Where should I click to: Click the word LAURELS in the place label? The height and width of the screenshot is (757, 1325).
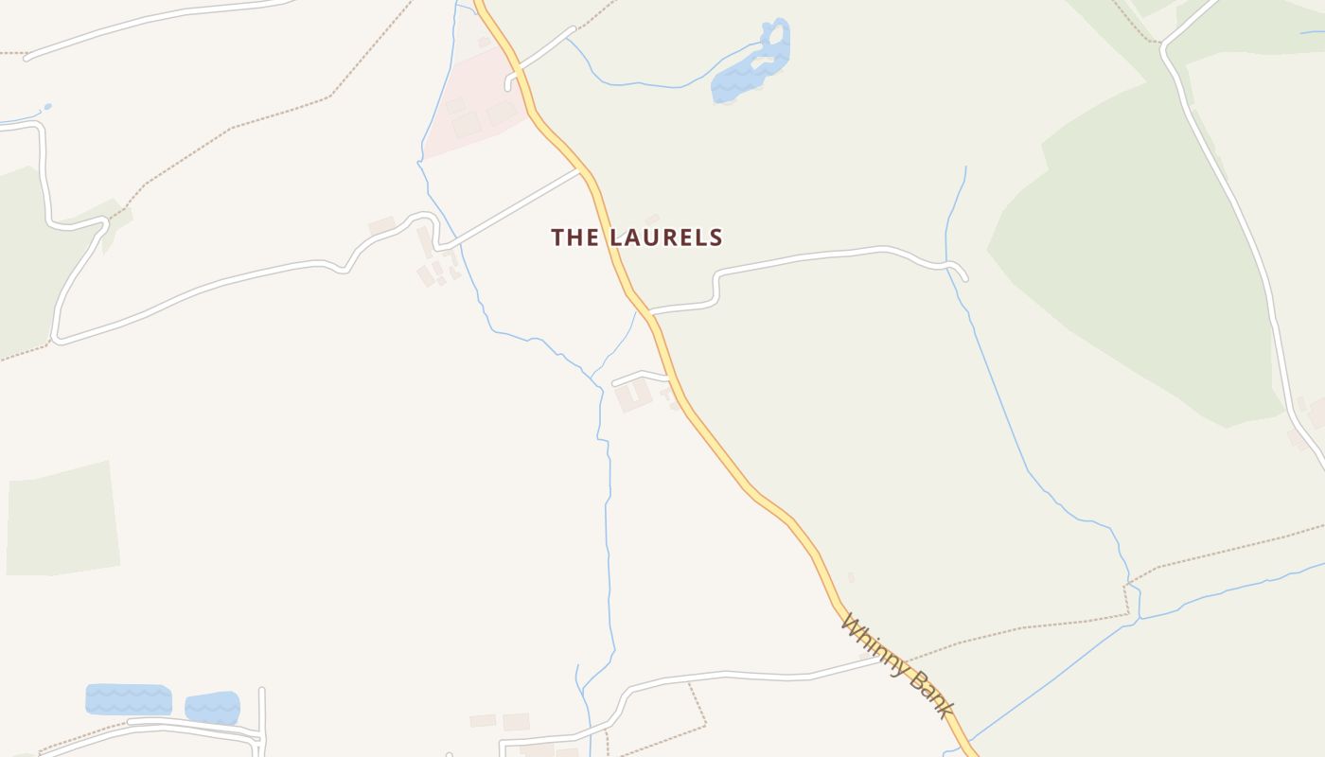point(665,238)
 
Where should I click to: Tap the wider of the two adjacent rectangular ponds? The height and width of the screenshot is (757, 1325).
point(129,700)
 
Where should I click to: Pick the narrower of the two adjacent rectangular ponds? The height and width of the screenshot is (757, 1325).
point(212,707)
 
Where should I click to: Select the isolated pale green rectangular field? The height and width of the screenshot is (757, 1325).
point(63,519)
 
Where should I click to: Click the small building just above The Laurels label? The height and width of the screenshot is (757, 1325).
point(652,219)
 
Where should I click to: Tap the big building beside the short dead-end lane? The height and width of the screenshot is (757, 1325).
point(634,395)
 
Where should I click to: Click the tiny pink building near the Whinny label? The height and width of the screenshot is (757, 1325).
point(851,577)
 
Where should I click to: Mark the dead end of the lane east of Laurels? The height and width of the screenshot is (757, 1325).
point(964,277)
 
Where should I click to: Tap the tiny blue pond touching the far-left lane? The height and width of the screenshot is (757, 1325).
point(45,108)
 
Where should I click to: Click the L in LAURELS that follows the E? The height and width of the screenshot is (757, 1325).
point(702,238)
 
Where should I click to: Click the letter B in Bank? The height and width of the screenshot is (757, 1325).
point(913,678)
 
